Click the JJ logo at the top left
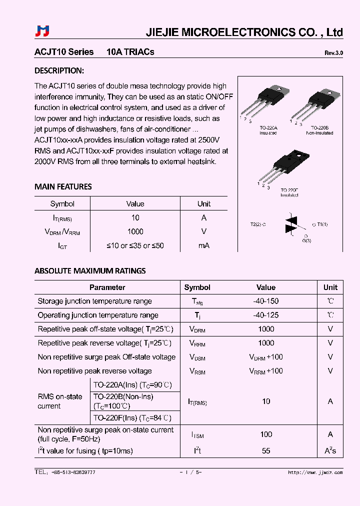coord(42,31)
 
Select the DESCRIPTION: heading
coord(59,70)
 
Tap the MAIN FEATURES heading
coord(63,187)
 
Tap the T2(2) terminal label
coord(258,224)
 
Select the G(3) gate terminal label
coord(306,241)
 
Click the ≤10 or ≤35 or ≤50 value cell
coord(135,245)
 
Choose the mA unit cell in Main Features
coord(203,245)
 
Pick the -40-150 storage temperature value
coord(266,301)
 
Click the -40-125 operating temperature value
coord(266,315)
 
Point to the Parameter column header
coord(107,287)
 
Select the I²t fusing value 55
coord(266,451)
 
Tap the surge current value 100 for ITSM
coord(266,434)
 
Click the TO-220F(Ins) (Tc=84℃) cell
coord(132,418)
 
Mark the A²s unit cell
coord(330,451)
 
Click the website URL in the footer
coord(315,472)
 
